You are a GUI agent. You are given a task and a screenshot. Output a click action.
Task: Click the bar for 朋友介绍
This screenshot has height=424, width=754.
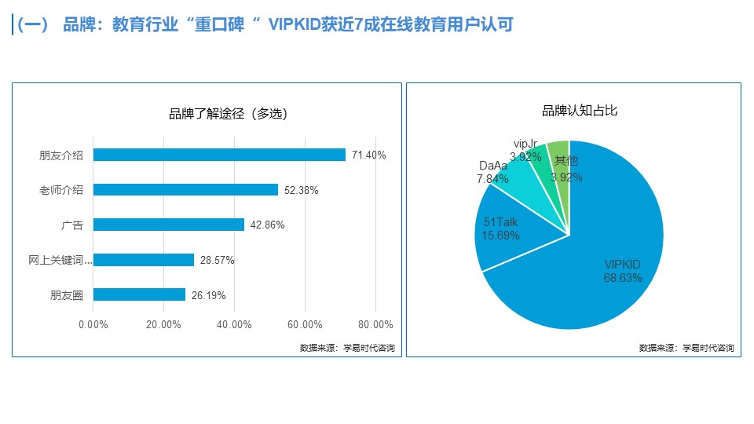[219, 155]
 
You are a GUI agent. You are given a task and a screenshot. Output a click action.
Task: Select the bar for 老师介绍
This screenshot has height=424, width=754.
[185, 190]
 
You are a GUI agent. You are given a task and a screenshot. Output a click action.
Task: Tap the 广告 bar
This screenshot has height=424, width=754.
[169, 225]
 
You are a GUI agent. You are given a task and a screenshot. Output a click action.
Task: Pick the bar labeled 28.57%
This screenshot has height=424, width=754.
[144, 260]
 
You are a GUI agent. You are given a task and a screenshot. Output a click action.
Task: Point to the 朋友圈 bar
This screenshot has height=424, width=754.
[139, 295]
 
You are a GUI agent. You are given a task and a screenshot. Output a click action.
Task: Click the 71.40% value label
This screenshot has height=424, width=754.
[368, 155]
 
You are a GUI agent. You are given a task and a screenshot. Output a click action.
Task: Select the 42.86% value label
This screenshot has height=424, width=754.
[267, 225]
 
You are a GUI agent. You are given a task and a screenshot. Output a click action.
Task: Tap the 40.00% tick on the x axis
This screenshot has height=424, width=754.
[234, 325]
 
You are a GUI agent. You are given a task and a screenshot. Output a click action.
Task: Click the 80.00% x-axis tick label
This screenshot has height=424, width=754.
[375, 325]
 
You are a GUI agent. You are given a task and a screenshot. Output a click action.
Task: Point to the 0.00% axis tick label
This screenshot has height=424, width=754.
[93, 325]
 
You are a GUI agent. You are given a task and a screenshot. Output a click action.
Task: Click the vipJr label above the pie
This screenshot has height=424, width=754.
[525, 144]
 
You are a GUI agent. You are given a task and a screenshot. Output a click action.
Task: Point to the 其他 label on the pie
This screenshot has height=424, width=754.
[565, 161]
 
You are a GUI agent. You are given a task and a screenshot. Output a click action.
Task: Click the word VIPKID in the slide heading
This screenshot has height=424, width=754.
[298, 25]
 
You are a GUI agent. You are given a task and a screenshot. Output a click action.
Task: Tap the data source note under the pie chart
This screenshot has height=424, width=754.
[686, 348]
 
